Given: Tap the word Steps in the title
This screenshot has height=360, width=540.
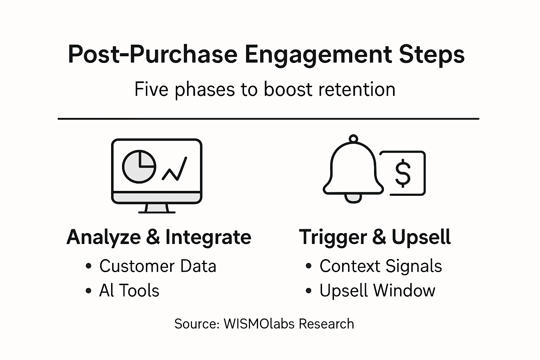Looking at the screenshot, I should coord(432,55).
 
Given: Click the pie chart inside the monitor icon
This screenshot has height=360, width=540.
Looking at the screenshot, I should coord(139,167).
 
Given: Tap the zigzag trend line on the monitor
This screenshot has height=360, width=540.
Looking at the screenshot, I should coord(174,169).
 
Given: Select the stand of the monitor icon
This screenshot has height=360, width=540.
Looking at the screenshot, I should coord(156,208).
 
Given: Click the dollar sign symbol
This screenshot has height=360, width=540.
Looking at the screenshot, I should coord(403,173).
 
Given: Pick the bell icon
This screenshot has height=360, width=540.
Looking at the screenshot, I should coord(353,169).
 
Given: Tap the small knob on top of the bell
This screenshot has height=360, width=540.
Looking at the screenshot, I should coord(353,139).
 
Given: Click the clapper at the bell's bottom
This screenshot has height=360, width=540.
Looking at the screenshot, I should coord(353,198).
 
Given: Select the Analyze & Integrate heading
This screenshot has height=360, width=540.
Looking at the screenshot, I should coord(159,237).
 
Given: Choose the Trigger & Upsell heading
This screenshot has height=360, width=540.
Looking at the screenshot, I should coord(375,237).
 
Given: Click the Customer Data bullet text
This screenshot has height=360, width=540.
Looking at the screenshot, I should coord(157,266).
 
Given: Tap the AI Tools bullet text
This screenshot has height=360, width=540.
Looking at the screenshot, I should coord(129,291).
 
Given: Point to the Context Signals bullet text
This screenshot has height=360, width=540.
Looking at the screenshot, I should coord(380,266).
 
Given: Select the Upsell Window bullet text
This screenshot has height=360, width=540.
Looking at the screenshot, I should coord(377,291).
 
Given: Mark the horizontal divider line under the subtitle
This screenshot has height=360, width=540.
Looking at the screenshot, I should coord(269,119).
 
